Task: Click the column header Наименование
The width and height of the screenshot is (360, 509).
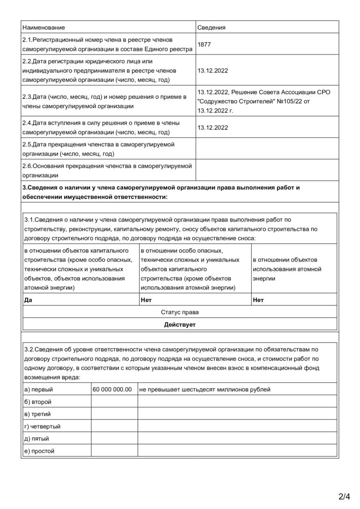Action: pyautogui.click(x=44, y=28)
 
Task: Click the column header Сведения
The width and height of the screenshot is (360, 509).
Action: pyautogui.click(x=211, y=28)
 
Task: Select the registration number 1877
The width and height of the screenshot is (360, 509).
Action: pyautogui.click(x=204, y=44)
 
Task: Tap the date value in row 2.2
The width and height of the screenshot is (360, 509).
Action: pyautogui.click(x=213, y=71)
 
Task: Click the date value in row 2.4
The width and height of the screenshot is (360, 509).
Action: pyautogui.click(x=213, y=127)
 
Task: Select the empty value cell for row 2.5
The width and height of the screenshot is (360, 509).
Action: pyautogui.click(x=267, y=149)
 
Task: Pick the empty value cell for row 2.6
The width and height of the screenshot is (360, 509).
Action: pyautogui.click(x=267, y=170)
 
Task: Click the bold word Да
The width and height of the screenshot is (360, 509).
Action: pyautogui.click(x=28, y=300)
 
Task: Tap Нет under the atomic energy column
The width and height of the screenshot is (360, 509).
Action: pyautogui.click(x=258, y=300)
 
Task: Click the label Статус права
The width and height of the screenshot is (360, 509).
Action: pyautogui.click(x=180, y=312)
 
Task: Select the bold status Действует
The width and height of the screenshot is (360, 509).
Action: pyautogui.click(x=180, y=324)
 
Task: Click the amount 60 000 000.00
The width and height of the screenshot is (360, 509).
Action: pyautogui.click(x=112, y=389)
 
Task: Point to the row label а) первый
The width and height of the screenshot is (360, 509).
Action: pyautogui.click(x=38, y=389)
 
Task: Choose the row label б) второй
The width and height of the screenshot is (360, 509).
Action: pyautogui.click(x=37, y=402)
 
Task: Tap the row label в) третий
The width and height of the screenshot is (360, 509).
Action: pyautogui.click(x=37, y=414)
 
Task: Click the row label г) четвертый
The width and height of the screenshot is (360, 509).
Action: pyautogui.click(x=42, y=427)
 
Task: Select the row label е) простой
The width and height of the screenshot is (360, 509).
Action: pyautogui.click(x=39, y=451)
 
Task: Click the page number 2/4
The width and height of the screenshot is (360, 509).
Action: pyautogui.click(x=344, y=496)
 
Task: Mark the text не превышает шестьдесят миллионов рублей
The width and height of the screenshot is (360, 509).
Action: pyautogui.click(x=205, y=389)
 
